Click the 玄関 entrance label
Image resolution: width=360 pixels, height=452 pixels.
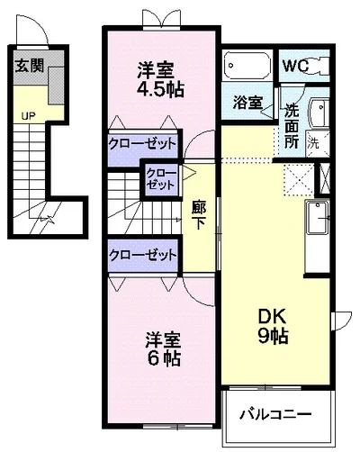(30, 66)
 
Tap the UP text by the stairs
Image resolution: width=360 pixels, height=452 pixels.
(29, 116)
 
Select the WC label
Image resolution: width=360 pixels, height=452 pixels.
(296, 66)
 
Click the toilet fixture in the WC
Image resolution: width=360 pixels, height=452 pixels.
(319, 65)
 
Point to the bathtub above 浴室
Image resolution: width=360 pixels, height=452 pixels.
(247, 66)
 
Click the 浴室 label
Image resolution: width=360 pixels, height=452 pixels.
(247, 103)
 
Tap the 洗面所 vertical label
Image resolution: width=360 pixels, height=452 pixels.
(292, 126)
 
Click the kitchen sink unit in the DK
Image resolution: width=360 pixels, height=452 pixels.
(317, 217)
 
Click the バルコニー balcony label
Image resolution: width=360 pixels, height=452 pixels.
(275, 414)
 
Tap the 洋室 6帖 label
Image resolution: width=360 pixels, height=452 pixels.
(164, 349)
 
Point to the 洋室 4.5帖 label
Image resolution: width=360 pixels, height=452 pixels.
(160, 79)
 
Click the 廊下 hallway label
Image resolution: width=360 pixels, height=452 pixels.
(198, 215)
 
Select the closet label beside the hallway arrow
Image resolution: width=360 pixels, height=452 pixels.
(160, 179)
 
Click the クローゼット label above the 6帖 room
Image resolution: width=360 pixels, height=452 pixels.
(142, 256)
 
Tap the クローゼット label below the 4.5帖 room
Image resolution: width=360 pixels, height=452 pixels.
(142, 144)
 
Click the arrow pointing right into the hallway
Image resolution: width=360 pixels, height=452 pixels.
(189, 173)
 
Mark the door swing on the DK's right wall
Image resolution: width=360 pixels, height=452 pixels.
(342, 321)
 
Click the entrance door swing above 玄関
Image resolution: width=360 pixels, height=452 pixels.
(32, 30)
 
